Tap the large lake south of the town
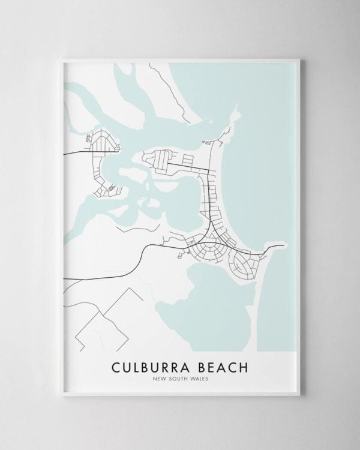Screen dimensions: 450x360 coord(216,300)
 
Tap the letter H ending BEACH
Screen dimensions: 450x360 coord(249,365)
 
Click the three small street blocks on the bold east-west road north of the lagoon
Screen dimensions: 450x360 coord(188,160)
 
